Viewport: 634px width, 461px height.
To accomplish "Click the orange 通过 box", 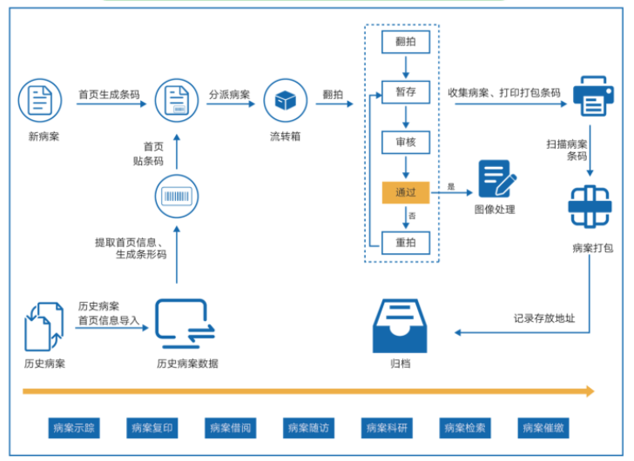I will coord(406,192).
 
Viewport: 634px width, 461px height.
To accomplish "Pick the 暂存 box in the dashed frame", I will coord(406,90).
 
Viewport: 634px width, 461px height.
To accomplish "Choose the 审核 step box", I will coord(406,142).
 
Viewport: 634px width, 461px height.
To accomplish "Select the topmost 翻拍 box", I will coord(406,40).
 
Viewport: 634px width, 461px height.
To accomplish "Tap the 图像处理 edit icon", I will coord(496,179).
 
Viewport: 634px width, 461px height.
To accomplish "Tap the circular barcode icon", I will coord(176,196).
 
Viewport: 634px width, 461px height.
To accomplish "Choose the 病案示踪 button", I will coord(74,428).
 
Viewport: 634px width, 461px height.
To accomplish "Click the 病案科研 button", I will coord(387,428).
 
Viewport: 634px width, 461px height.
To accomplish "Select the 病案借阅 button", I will coord(230,428).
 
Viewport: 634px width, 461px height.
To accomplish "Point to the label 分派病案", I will coord(229,93).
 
